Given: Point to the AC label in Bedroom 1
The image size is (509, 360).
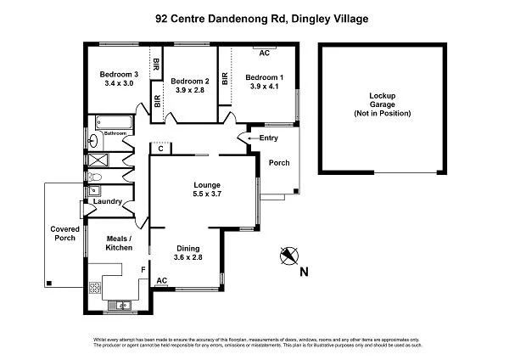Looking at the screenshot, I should (x=265, y=53).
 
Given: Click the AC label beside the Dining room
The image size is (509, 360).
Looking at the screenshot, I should (x=162, y=280).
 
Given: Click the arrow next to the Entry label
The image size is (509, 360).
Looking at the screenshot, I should (x=249, y=138).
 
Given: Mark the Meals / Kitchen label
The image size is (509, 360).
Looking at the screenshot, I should (x=117, y=242).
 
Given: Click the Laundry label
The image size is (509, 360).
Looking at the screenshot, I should (x=108, y=201).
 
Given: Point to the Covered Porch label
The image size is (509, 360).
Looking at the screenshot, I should (x=64, y=233).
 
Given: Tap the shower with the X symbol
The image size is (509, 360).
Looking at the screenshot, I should (x=98, y=159).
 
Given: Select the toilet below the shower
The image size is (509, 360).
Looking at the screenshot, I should (x=96, y=177).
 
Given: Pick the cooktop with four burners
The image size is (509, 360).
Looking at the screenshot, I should (x=94, y=288).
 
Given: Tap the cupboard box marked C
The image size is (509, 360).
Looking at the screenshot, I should (x=160, y=148).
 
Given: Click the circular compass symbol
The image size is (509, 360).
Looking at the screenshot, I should (x=289, y=255).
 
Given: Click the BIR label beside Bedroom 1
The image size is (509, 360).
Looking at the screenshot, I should (x=226, y=78).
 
